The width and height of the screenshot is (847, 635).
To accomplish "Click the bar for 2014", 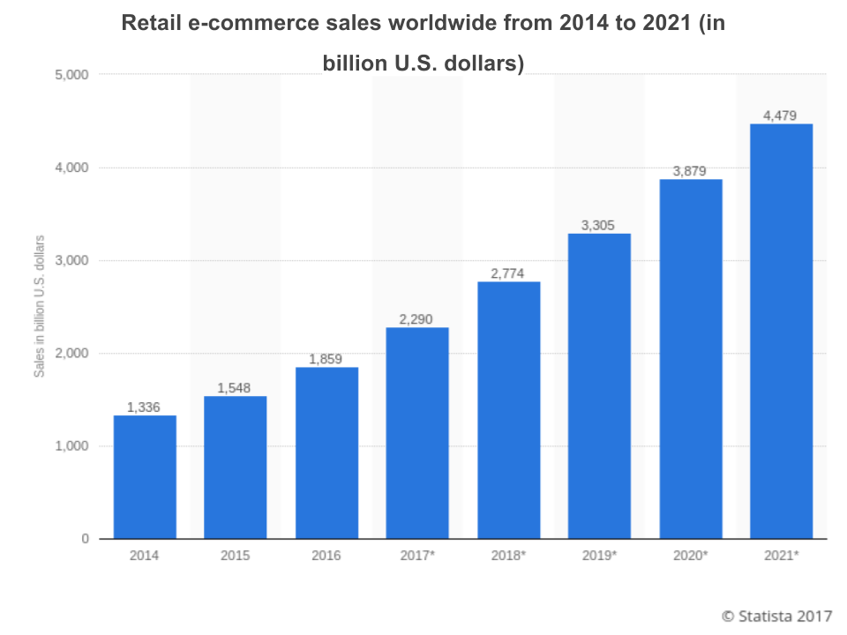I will pyautogui.click(x=145, y=476).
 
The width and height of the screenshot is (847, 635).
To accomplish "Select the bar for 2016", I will pyautogui.click(x=326, y=452).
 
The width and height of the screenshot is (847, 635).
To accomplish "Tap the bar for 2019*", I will pyautogui.click(x=599, y=385).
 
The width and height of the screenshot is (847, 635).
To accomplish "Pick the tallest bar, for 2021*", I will pyautogui.click(x=781, y=331).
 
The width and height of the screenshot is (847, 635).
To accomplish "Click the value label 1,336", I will pyautogui.click(x=145, y=407).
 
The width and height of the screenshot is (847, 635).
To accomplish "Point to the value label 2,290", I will pyautogui.click(x=417, y=318).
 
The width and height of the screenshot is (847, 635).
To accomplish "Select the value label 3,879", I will pyautogui.click(x=690, y=170).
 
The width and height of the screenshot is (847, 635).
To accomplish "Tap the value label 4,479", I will pyautogui.click(x=781, y=115).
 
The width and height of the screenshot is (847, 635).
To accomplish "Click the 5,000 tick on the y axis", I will pyautogui.click(x=71, y=75).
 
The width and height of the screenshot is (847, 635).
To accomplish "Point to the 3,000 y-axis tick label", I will pyautogui.click(x=71, y=260).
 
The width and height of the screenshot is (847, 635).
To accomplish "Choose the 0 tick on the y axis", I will pyautogui.click(x=85, y=539).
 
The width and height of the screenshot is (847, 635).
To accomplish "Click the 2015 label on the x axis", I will pyautogui.click(x=236, y=556).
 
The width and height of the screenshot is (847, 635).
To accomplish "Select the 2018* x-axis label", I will pyautogui.click(x=509, y=556).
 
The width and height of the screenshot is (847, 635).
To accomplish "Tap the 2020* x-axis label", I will pyautogui.click(x=690, y=556).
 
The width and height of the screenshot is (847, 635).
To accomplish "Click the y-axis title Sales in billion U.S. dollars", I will pyautogui.click(x=40, y=307).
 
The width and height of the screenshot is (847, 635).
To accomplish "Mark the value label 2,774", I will pyautogui.click(x=508, y=273).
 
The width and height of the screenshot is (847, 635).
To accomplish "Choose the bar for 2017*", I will pyautogui.click(x=417, y=432).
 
